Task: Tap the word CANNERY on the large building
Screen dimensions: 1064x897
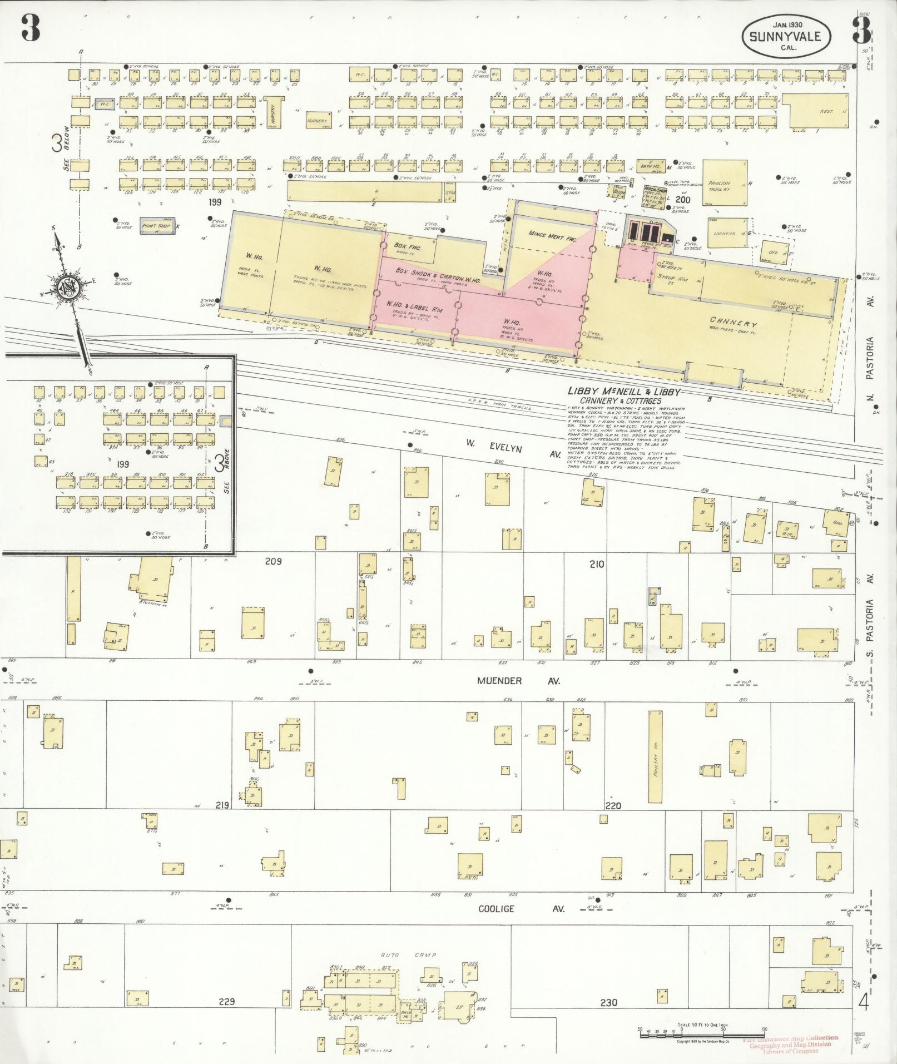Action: tap(734, 322)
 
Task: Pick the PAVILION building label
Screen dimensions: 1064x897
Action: tap(718, 183)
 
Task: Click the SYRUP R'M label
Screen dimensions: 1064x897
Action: tap(675, 280)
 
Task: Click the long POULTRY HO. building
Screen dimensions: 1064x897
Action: tap(656, 756)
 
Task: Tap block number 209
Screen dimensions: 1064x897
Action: tap(273, 561)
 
